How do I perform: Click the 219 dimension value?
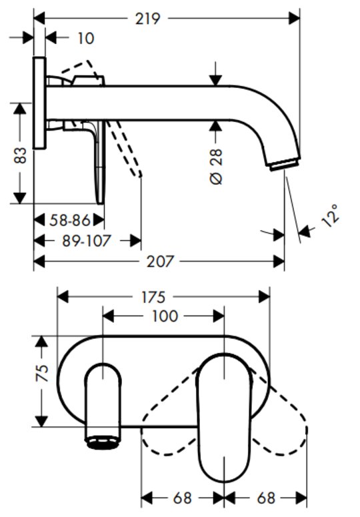(x=147, y=19)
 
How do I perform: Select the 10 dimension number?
(x=85, y=38)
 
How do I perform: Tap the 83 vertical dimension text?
(x=20, y=155)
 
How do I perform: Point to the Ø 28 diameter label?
(x=216, y=167)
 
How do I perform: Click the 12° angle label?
(x=331, y=216)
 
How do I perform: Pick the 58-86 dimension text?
(x=70, y=220)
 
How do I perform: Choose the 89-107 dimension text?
(x=86, y=241)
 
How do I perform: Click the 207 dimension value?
(x=160, y=262)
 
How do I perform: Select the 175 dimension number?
(x=153, y=297)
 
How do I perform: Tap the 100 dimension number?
(x=165, y=316)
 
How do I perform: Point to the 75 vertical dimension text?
(x=42, y=374)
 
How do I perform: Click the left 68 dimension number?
(x=182, y=498)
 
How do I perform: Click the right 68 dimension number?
(x=266, y=498)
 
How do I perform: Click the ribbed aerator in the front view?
(x=103, y=442)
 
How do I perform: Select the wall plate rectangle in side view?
(x=39, y=103)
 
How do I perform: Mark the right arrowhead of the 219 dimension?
(x=294, y=18)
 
